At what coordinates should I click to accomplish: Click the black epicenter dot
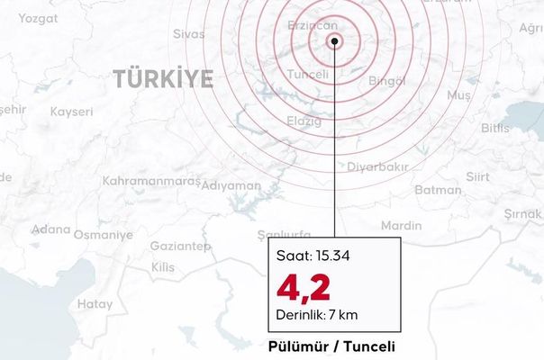point(334,41)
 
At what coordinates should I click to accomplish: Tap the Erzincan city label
point(311,27)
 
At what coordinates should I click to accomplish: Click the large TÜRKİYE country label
point(164,79)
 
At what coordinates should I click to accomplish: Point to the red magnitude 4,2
point(304,288)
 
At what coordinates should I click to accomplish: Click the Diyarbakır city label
point(378,166)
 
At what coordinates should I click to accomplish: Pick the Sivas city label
point(188,34)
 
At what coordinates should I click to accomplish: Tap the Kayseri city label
point(72,112)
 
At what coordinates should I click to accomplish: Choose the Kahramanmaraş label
point(139,181)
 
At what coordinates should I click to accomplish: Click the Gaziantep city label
point(180,246)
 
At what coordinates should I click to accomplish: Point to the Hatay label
point(95,304)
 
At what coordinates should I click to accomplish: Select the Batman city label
point(439,190)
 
